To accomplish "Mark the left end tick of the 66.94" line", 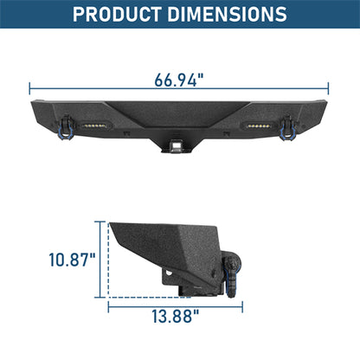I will tap(30, 87).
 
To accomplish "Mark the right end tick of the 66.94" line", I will tap(330, 87).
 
